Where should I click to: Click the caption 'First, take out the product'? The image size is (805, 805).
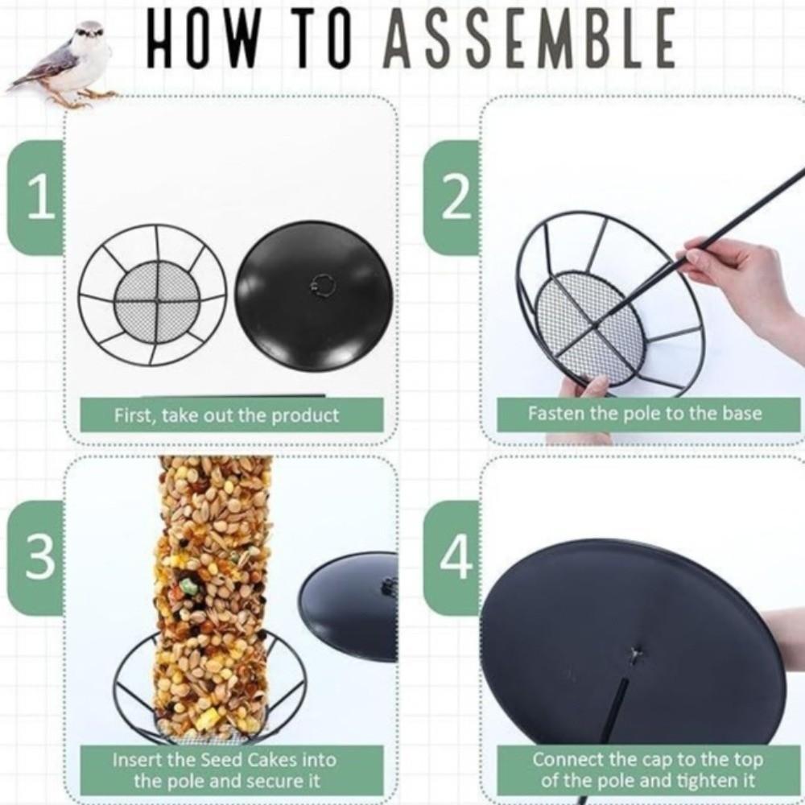click(x=226, y=415)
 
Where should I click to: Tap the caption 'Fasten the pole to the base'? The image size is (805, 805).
click(x=644, y=414)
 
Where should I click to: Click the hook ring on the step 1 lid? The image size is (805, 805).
click(x=323, y=284)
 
